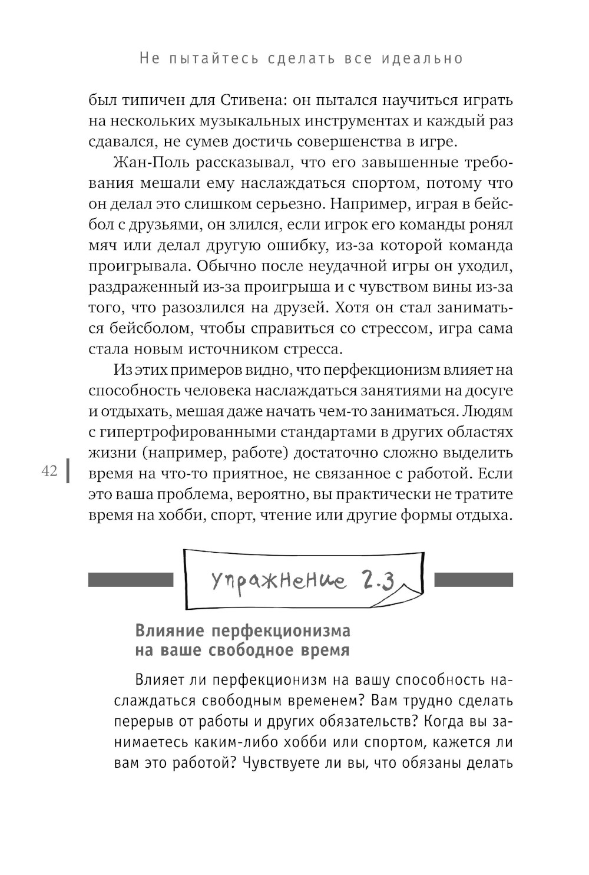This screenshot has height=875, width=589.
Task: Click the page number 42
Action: click(x=49, y=471)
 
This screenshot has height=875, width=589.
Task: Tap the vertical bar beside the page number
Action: click(x=68, y=471)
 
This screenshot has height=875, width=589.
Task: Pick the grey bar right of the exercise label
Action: click(x=473, y=580)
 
